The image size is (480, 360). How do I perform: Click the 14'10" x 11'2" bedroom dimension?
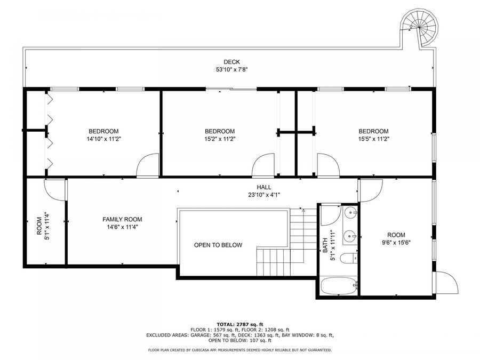[103, 139]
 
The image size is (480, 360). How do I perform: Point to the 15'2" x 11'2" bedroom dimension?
[220, 139]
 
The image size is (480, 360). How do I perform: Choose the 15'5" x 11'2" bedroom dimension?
[373, 139]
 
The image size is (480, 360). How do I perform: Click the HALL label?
[263, 187]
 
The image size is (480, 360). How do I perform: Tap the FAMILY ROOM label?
[122, 219]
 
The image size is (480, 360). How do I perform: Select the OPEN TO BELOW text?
[218, 245]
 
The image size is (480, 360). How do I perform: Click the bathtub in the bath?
[339, 287]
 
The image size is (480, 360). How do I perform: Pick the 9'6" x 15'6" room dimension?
[396, 242]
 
